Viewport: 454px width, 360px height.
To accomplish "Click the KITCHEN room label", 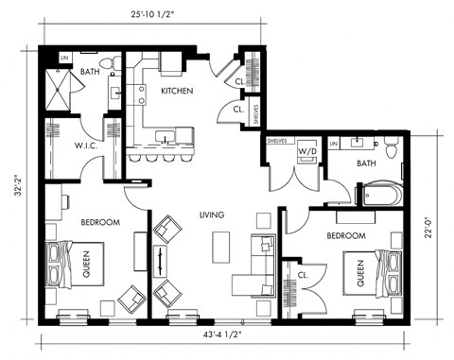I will tap(177, 91).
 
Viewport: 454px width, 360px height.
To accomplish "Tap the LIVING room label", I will tap(212, 215).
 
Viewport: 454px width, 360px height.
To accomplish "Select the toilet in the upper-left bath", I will tap(113, 63).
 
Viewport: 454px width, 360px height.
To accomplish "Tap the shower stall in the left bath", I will tap(60, 91).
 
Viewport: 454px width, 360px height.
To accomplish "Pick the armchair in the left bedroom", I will tap(128, 300).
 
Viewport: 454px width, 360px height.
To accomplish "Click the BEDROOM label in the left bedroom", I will tap(99, 222).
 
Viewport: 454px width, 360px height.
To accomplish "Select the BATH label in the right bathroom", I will tap(367, 163).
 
